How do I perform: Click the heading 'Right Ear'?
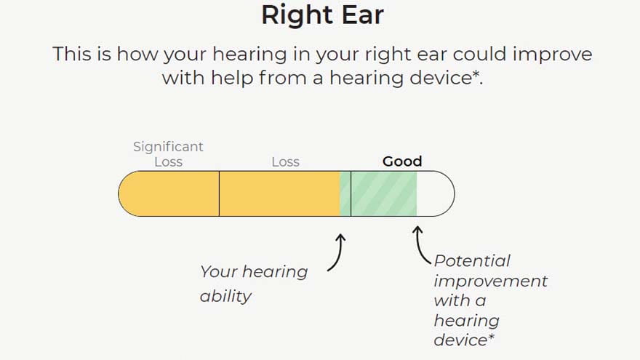(322, 15)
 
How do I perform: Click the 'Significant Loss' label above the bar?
(168, 154)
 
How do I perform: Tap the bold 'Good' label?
(402, 161)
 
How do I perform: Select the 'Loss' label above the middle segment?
(285, 162)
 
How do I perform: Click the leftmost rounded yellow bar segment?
(169, 193)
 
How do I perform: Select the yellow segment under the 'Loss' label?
(279, 193)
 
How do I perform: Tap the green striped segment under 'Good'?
(384, 193)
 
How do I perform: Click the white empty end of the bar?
(435, 193)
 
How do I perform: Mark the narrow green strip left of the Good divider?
(345, 193)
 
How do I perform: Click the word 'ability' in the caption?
(225, 296)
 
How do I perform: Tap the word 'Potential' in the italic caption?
(472, 260)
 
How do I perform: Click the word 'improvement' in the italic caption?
(491, 281)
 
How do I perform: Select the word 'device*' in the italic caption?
(464, 340)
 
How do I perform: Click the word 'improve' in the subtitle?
(552, 55)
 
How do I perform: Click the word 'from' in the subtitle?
(282, 78)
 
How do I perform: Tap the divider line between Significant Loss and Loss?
(219, 193)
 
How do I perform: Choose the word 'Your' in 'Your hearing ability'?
(219, 272)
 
